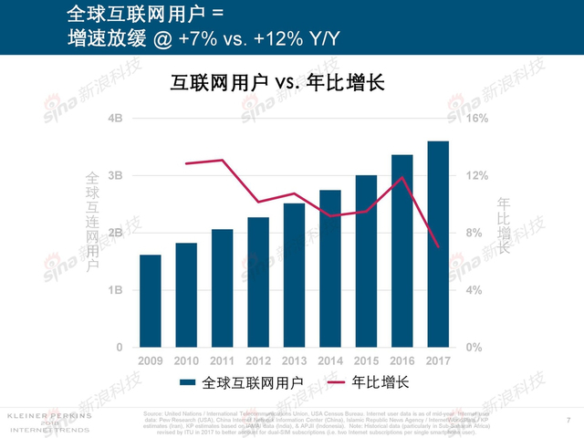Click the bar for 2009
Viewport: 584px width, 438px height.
tap(150, 301)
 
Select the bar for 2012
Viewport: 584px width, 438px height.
tap(258, 282)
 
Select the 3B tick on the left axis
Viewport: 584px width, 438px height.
tap(116, 175)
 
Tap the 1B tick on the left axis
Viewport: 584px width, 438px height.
tap(116, 290)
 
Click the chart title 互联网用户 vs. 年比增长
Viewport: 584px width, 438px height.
tap(278, 83)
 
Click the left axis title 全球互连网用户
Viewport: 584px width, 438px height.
tap(91, 222)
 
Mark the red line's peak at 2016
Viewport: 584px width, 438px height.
tap(401, 177)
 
